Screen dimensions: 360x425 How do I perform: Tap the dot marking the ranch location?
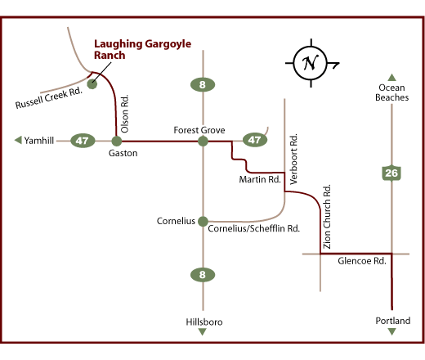click(x=92, y=83)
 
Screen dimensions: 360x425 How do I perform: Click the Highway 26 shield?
click(x=391, y=173)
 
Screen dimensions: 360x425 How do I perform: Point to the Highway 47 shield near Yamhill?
click(x=82, y=141)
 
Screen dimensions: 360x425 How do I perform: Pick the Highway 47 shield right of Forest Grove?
click(x=256, y=140)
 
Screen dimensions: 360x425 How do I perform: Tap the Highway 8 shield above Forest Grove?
click(x=203, y=83)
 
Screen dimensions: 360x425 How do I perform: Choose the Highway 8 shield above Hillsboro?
click(x=203, y=275)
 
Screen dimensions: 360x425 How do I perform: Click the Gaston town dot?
click(x=116, y=141)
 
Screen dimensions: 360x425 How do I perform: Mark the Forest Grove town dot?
click(x=203, y=141)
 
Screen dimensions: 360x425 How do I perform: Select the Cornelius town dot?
click(x=203, y=221)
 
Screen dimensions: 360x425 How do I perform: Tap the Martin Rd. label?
click(x=260, y=178)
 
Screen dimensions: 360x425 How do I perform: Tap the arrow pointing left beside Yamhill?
click(x=18, y=141)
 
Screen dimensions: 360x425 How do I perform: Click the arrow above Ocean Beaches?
click(x=391, y=76)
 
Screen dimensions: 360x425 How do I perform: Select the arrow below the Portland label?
click(x=391, y=331)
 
